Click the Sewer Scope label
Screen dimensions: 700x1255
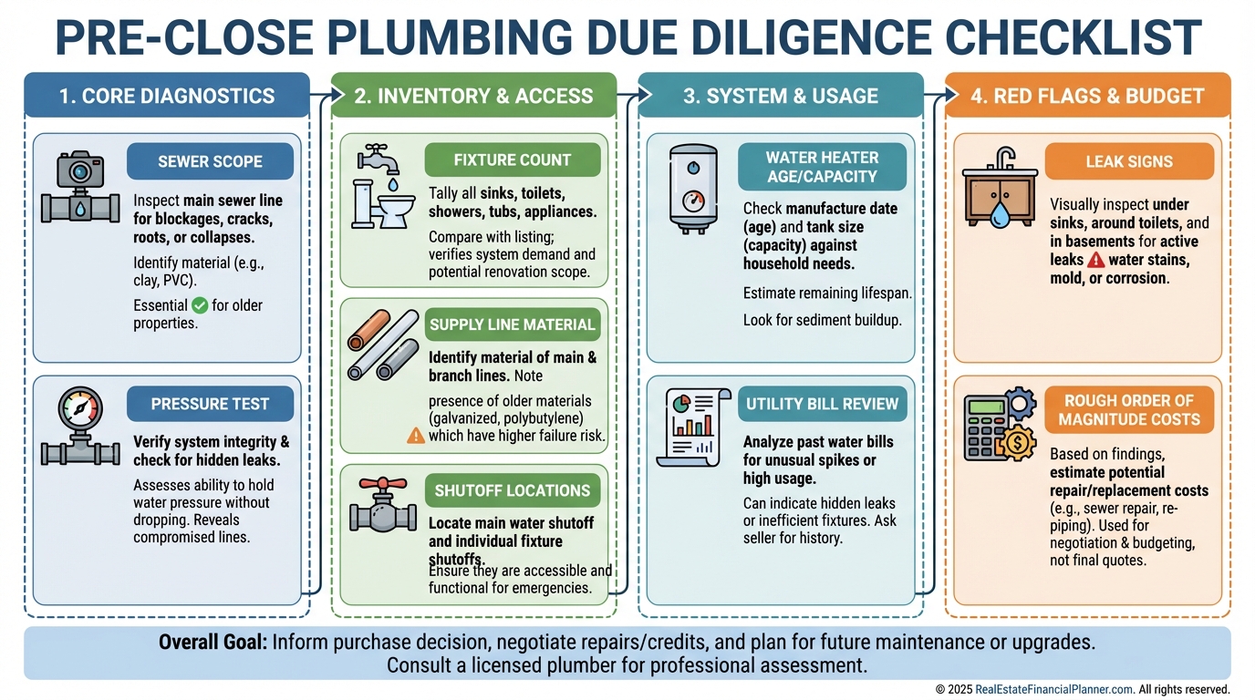pos(210,161)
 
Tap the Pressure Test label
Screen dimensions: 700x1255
pos(210,404)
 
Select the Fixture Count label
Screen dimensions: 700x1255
pos(513,160)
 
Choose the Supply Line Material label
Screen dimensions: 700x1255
pos(512,324)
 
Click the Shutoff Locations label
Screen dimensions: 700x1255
pos(512,490)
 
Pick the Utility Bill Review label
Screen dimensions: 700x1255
pos(822,403)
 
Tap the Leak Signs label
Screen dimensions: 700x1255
pos(1129,161)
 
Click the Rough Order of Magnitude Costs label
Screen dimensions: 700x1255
pos(1129,410)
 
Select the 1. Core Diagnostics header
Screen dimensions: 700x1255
pos(167,96)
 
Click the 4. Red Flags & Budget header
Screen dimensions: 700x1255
pos(1087,96)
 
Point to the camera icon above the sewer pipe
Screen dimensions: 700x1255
pos(80,168)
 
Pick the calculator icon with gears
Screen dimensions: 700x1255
pos(998,424)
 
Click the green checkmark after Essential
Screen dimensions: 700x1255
pos(200,305)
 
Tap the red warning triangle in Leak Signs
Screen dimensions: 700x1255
pos(1096,260)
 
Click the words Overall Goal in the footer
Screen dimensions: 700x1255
pos(213,642)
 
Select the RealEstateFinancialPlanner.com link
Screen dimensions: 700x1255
pos(1053,690)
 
